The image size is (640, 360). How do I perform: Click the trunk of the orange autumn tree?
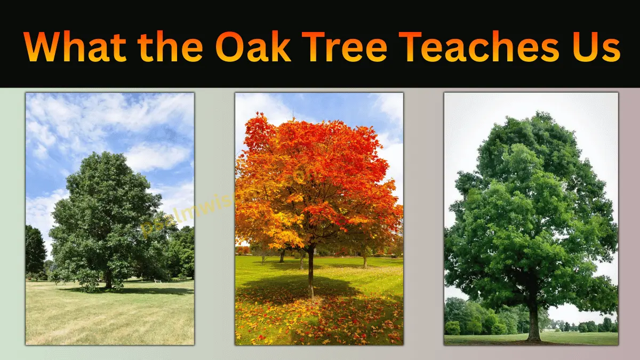pyautogui.click(x=310, y=272)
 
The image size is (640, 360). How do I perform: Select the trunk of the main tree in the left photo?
pyautogui.click(x=109, y=280)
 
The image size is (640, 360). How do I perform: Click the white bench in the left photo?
pyautogui.click(x=157, y=280)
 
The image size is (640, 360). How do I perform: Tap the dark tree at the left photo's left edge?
pyautogui.click(x=34, y=251)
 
